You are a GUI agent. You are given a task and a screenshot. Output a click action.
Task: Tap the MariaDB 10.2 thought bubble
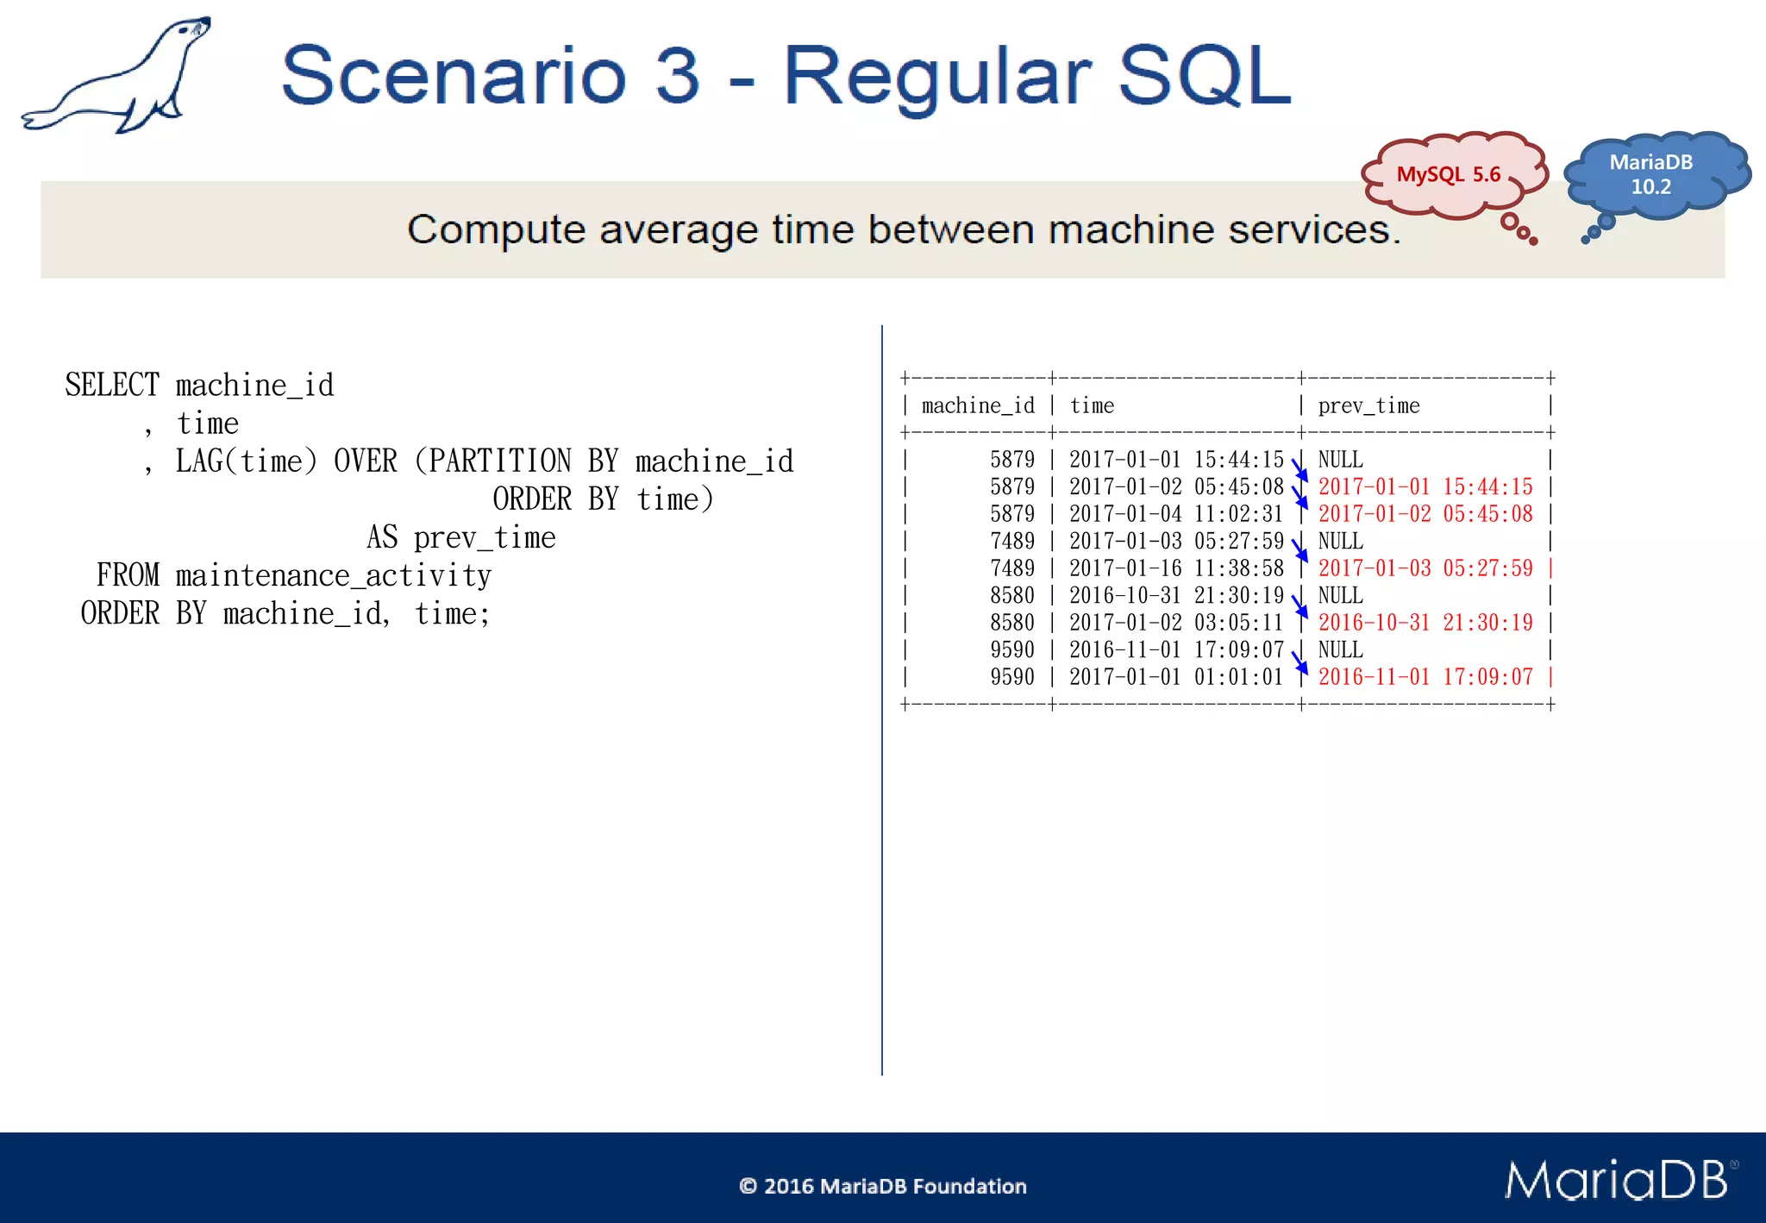pyautogui.click(x=1651, y=175)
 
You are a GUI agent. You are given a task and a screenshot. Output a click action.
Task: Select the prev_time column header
pyautogui.click(x=1368, y=406)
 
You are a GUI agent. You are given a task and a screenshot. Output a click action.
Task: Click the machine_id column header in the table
pyautogui.click(x=978, y=406)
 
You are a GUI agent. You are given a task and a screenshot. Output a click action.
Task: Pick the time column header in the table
pyautogui.click(x=1092, y=406)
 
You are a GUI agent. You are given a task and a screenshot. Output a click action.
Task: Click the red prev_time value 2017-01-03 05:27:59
pyautogui.click(x=1425, y=568)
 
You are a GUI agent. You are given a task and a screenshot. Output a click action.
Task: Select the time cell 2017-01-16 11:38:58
pyautogui.click(x=1176, y=568)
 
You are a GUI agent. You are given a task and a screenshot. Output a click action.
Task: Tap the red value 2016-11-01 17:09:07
pyautogui.click(x=1425, y=677)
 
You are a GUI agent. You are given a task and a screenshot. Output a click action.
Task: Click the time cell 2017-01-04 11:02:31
pyautogui.click(x=1176, y=514)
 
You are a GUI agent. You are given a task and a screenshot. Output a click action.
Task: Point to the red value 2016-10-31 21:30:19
pyautogui.click(x=1425, y=623)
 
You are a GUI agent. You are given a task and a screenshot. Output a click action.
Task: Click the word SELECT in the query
pyautogui.click(x=112, y=385)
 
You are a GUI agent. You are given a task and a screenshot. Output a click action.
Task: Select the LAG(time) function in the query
pyautogui.click(x=247, y=461)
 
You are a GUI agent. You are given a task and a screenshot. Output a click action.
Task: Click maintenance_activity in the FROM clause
pyautogui.click(x=334, y=575)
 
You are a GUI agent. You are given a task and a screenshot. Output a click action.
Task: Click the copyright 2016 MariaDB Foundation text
pyautogui.click(x=882, y=1186)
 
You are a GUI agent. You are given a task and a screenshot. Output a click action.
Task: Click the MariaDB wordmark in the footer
pyautogui.click(x=1617, y=1180)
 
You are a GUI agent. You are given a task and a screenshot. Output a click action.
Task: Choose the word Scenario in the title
pyautogui.click(x=454, y=76)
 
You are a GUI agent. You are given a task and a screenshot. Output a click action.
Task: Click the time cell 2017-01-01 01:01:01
pyautogui.click(x=1176, y=677)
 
